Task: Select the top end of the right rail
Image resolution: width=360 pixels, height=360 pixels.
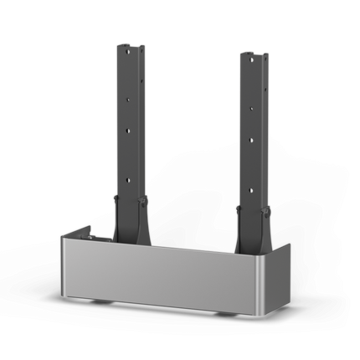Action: [254, 53]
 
